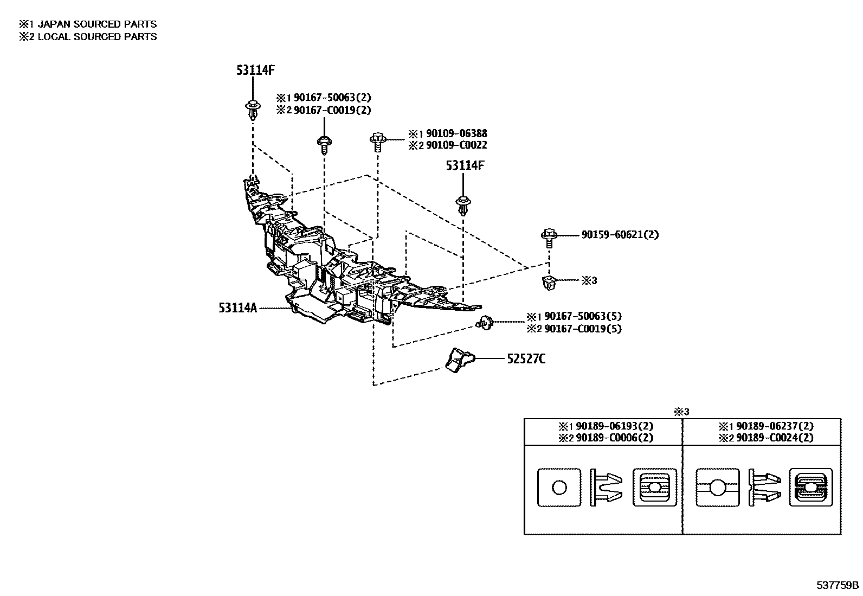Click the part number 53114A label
237,308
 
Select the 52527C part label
526,359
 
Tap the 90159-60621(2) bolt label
620,235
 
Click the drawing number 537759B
838,586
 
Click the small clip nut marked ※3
549,283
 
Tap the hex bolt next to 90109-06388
377,141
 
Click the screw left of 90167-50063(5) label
484,323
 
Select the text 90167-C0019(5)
582,329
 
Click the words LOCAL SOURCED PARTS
97,37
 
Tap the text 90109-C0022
456,145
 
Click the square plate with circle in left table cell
559,488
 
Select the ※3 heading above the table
681,412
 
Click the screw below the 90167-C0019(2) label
324,144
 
